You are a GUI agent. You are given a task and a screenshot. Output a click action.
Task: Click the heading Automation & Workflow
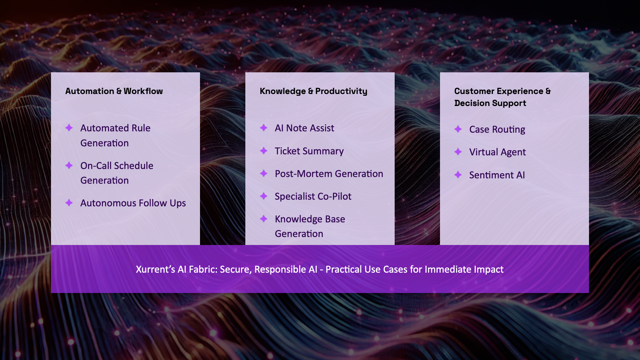click(x=114, y=91)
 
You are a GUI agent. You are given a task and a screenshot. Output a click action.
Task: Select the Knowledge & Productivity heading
click(x=313, y=91)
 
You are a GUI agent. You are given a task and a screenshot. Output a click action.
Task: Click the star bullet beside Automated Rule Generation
click(x=69, y=128)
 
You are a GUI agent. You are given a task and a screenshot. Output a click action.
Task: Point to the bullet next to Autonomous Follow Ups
click(x=69, y=203)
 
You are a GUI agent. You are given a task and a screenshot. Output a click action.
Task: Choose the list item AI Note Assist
click(x=304, y=128)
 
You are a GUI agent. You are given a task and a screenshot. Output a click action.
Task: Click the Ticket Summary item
click(x=309, y=151)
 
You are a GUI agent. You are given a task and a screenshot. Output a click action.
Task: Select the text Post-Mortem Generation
click(x=329, y=174)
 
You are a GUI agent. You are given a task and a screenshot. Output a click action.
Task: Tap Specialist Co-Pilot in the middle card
click(x=313, y=197)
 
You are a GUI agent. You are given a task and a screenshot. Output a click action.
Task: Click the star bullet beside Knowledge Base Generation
click(x=264, y=219)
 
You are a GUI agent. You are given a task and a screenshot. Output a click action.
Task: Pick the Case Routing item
click(x=497, y=130)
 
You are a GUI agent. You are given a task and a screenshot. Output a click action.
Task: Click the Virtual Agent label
click(x=497, y=152)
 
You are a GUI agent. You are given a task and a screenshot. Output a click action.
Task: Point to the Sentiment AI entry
click(x=497, y=175)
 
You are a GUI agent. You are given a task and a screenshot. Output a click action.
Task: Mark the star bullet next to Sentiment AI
click(x=458, y=175)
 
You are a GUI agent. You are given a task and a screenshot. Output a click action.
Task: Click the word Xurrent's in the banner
click(x=155, y=269)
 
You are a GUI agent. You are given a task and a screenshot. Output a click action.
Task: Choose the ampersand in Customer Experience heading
click(x=548, y=91)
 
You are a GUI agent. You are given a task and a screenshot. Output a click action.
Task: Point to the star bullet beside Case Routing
click(x=458, y=129)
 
